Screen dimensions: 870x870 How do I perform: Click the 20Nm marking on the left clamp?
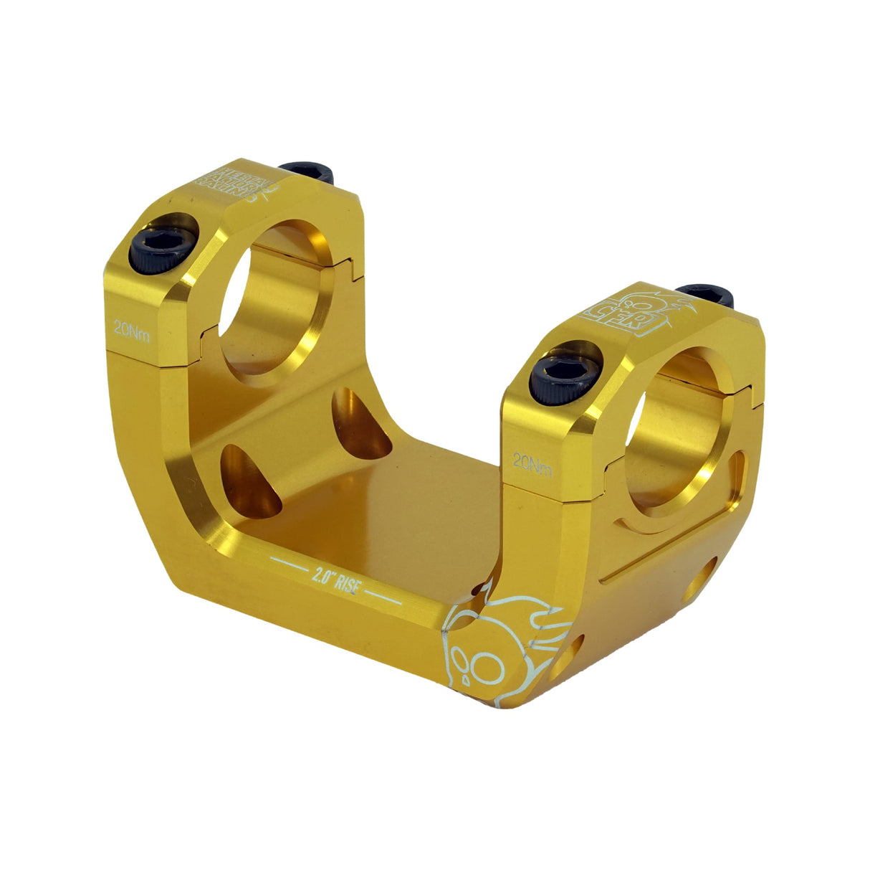132,331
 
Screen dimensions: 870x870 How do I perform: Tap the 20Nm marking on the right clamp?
533,464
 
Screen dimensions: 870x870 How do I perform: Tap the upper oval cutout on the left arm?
358,423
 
